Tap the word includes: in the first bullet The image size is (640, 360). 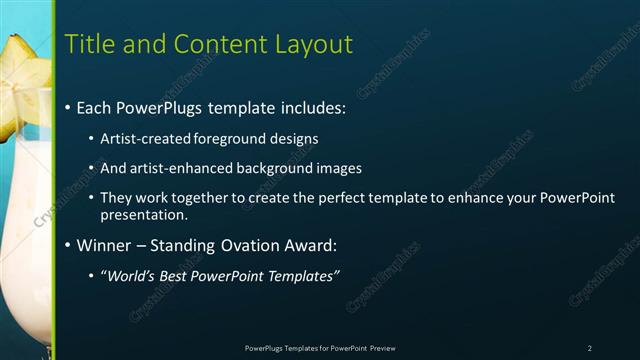[306, 106]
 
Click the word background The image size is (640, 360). [279, 168]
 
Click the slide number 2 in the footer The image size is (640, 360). [590, 348]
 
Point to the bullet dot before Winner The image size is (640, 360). [68, 244]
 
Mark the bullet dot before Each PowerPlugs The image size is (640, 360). [68, 106]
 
